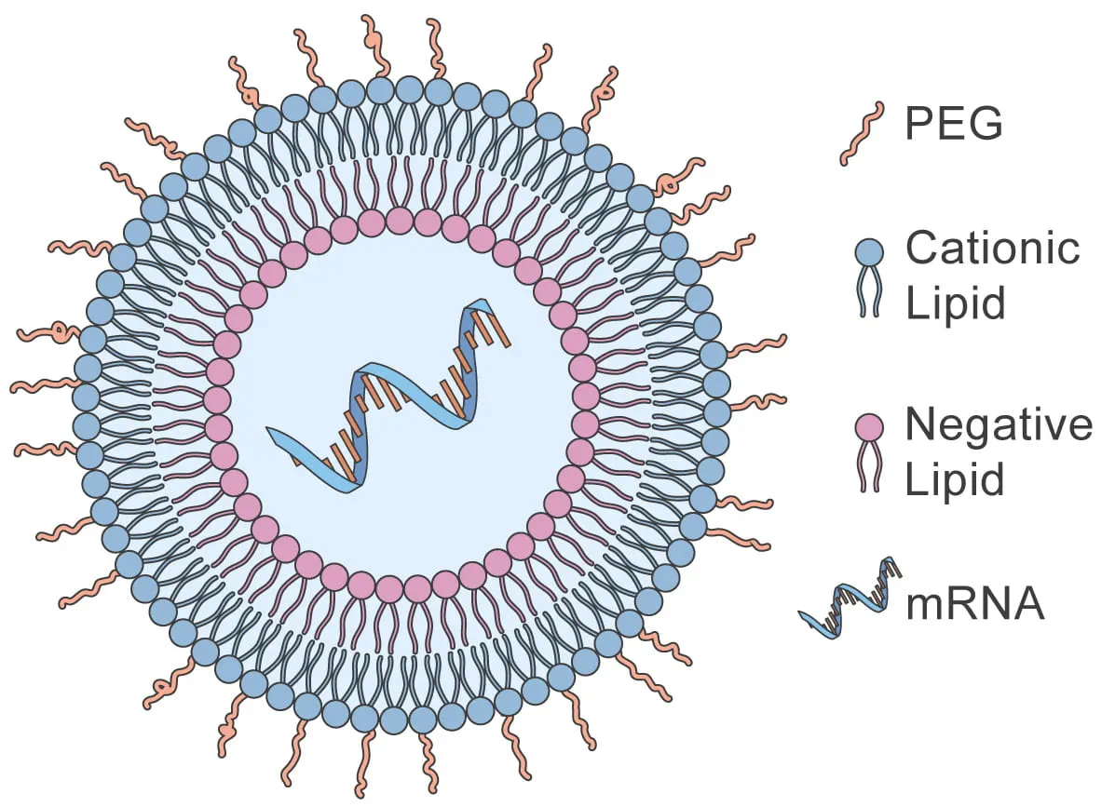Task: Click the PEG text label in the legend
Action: click(953, 124)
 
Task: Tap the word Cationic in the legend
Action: click(993, 249)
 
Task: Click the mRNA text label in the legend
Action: click(974, 605)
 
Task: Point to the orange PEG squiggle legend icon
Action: click(862, 134)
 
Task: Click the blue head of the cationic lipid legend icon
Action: click(868, 251)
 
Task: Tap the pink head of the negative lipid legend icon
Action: click(868, 427)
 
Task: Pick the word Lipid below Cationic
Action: click(956, 304)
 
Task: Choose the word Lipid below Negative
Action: click(956, 481)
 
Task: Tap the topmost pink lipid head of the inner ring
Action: click(400, 221)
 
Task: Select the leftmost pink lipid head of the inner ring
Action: click(217, 400)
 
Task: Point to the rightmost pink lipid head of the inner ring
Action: click(585, 397)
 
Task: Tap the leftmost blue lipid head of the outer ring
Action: click(85, 397)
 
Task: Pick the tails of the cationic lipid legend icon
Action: click(868, 292)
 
